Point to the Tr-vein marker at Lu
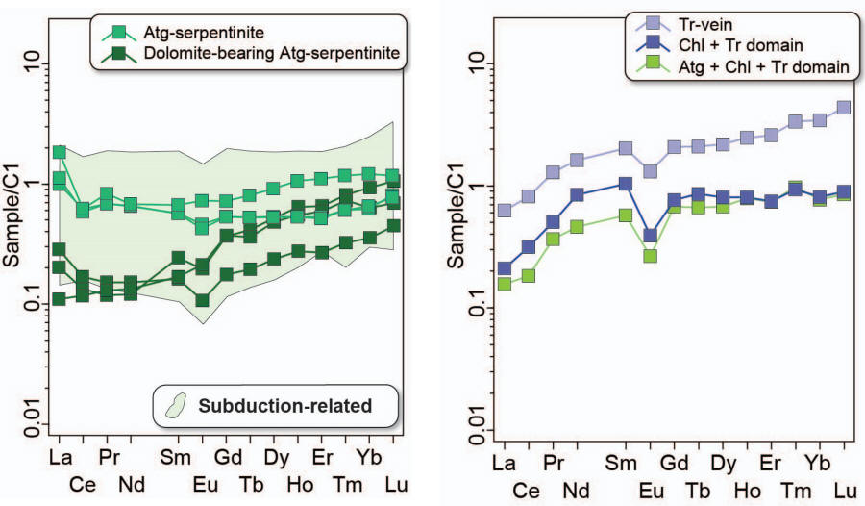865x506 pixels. [844, 107]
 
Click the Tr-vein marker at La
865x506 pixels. [504, 210]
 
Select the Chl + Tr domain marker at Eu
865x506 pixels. [651, 235]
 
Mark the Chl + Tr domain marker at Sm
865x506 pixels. [626, 183]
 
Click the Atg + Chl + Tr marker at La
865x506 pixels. [504, 284]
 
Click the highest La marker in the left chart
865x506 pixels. [60, 152]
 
